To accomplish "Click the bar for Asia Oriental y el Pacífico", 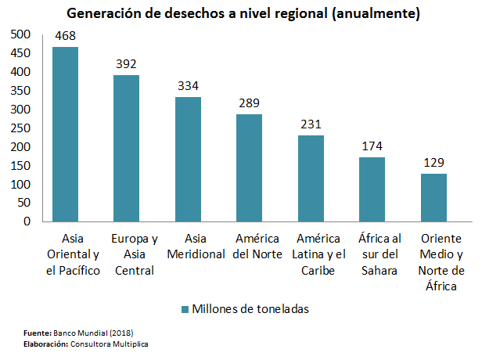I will (x=65, y=134).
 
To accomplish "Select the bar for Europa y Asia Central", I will (x=127, y=148).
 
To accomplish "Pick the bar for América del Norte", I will (x=250, y=167).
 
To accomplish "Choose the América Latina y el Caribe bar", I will (x=311, y=178).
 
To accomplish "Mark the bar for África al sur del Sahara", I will (x=372, y=189).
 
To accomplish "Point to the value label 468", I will (x=65, y=37).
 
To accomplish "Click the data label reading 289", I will (x=250, y=103).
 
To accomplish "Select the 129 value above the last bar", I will (x=433, y=163).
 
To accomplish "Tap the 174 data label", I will (x=372, y=146).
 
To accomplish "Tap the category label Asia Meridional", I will (x=188, y=246).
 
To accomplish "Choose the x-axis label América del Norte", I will (x=250, y=246).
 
